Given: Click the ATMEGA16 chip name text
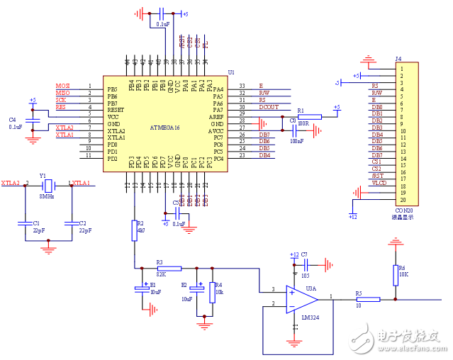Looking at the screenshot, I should [165, 128].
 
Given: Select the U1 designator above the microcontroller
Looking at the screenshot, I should [231, 72].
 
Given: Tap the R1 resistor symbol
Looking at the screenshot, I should [309, 117].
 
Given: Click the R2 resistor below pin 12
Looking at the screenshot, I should [134, 230].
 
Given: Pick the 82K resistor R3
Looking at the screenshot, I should [169, 269].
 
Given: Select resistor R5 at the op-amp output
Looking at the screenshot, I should [368, 299].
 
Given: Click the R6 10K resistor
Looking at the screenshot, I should [395, 274].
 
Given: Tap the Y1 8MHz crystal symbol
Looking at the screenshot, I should [47, 184].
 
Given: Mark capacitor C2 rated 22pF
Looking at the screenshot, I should [71, 225].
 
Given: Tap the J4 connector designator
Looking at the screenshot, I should [398, 59].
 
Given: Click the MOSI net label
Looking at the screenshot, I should [63, 86].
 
